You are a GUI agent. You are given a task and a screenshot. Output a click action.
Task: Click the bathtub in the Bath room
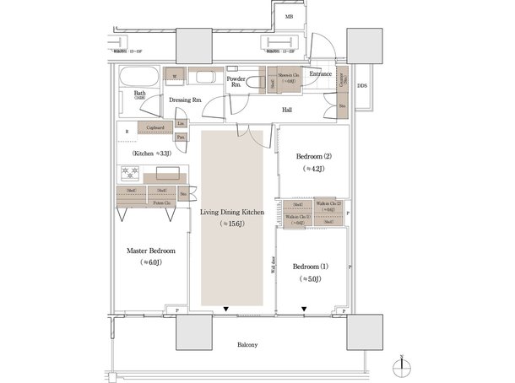click(136, 82)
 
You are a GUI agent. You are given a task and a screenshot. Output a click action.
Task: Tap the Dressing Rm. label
click(184, 100)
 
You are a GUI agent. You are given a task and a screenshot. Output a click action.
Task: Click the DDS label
click(361, 86)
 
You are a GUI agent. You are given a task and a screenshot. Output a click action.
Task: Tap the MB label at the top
click(289, 16)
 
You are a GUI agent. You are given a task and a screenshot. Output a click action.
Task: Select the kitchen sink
click(165, 174)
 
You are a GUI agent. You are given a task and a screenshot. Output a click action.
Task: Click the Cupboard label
click(155, 128)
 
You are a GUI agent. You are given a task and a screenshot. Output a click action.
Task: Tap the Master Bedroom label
click(150, 251)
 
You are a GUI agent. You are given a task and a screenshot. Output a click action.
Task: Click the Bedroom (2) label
click(313, 157)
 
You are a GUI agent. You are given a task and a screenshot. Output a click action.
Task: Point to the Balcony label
click(247, 344)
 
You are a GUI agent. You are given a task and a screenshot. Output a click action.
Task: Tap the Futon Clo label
click(163, 202)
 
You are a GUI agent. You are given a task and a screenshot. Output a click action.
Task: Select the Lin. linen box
click(182, 124)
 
